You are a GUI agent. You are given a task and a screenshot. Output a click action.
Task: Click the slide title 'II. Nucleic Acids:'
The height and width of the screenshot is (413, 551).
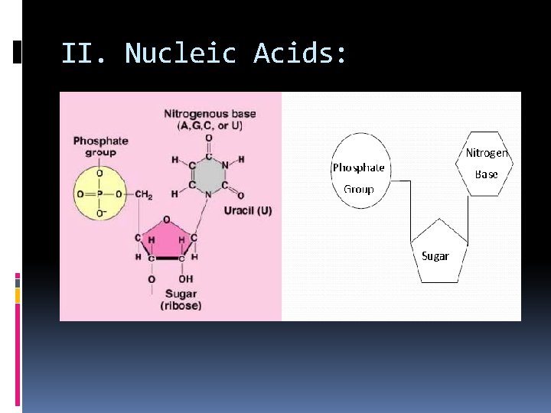click(x=204, y=54)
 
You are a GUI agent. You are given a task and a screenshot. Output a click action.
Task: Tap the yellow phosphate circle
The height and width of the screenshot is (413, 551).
click(x=100, y=193)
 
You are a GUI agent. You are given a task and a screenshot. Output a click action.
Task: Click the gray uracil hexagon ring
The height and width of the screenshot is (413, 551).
click(x=208, y=175)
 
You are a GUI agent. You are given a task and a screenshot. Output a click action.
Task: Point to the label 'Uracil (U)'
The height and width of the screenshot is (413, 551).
click(x=248, y=210)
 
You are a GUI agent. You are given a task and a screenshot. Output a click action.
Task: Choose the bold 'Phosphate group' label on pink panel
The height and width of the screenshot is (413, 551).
click(x=99, y=146)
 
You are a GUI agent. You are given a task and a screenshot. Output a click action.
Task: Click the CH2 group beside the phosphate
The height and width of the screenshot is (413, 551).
click(x=143, y=195)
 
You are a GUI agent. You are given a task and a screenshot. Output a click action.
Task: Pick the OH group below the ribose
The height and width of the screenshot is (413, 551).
click(x=186, y=279)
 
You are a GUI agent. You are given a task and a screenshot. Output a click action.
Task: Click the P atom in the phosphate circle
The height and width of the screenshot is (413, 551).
click(x=100, y=194)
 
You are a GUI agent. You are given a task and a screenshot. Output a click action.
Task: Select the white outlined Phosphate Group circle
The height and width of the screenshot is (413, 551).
click(x=360, y=171)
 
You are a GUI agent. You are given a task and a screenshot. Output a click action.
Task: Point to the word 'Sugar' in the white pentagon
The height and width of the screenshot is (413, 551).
click(x=435, y=256)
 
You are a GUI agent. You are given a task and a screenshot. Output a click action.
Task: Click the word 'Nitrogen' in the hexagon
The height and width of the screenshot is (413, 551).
click(x=487, y=153)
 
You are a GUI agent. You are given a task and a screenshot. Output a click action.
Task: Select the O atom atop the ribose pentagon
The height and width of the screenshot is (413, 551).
click(x=166, y=220)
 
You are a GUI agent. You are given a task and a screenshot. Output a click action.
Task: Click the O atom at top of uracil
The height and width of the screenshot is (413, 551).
click(x=208, y=138)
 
